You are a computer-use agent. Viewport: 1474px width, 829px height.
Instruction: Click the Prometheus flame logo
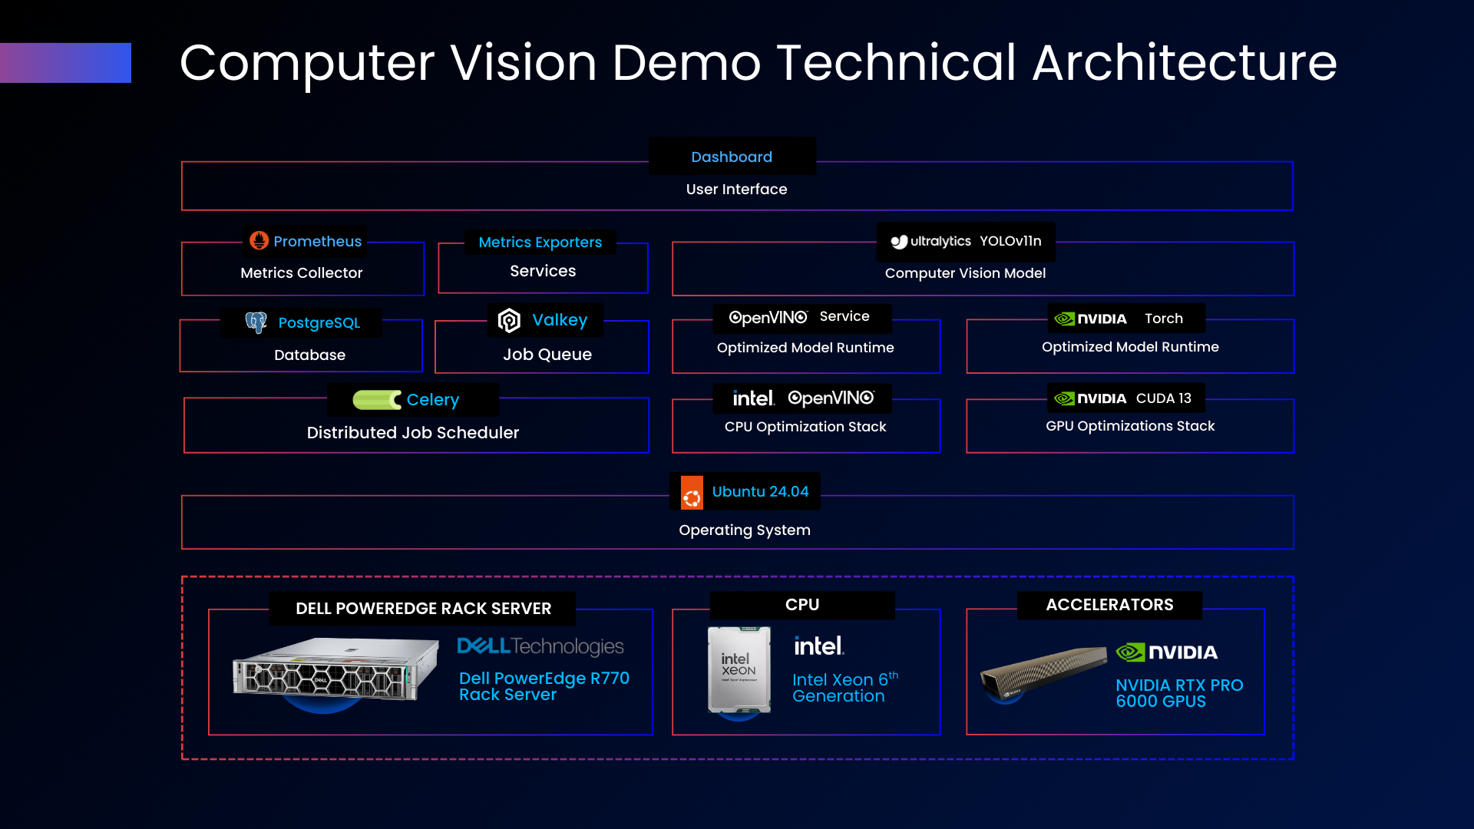click(259, 241)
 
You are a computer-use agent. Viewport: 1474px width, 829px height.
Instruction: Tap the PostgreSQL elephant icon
click(256, 322)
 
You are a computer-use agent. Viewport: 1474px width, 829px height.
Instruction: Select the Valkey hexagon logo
click(509, 320)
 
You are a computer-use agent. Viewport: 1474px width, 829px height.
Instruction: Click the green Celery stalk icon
click(376, 400)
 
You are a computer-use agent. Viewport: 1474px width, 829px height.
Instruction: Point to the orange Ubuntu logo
click(692, 493)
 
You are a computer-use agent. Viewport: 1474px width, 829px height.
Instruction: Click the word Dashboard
click(732, 157)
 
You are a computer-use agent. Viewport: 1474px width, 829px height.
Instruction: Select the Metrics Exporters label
click(540, 243)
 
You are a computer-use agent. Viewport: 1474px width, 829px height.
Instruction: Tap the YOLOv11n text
click(1010, 241)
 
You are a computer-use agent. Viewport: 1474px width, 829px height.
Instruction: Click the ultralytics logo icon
click(899, 242)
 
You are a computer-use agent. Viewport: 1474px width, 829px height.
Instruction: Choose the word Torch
click(1163, 319)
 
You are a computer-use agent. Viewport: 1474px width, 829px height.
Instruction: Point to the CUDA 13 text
click(1163, 398)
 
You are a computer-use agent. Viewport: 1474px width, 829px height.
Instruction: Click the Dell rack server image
click(335, 669)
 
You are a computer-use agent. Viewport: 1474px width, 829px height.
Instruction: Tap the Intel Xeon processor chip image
click(739, 669)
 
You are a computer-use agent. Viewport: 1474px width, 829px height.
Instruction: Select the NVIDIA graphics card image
click(1043, 669)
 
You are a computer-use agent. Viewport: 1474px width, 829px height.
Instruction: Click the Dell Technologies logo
click(540, 646)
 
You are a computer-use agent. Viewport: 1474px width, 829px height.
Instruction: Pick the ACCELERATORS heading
click(1109, 605)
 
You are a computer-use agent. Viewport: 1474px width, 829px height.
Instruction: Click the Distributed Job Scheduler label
click(413, 433)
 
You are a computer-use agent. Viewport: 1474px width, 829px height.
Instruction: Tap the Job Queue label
click(547, 355)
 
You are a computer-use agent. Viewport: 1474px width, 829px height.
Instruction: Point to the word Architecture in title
click(1184, 63)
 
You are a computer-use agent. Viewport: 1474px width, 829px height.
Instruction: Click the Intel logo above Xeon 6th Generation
click(818, 646)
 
